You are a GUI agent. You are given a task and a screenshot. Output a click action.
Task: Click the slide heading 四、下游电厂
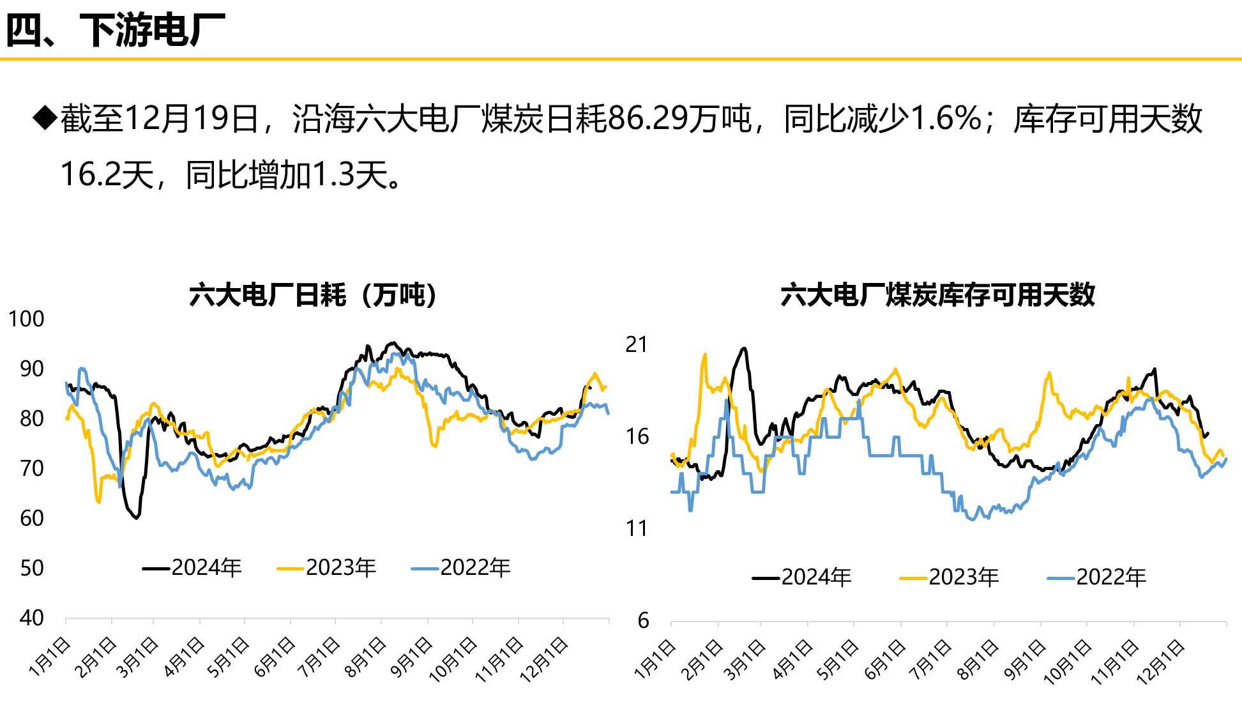115,29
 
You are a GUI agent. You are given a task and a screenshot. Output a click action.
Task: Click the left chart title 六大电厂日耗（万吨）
313,295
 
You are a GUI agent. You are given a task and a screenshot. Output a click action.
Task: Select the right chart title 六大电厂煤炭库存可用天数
937,295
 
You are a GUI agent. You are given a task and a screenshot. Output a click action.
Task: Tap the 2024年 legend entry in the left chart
192,567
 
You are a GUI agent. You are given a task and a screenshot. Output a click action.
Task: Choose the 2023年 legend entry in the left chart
327,567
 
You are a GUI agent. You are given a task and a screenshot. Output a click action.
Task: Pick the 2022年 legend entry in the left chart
461,567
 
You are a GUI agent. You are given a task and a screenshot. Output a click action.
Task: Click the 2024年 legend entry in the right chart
802,577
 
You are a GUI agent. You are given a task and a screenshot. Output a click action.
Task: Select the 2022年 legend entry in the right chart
1097,577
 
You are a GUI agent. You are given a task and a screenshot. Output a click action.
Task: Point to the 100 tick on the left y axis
26,319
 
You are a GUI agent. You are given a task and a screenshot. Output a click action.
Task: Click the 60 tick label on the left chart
31,518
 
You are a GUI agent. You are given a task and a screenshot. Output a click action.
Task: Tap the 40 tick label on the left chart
31,618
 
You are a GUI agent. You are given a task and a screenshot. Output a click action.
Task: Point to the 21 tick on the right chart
637,345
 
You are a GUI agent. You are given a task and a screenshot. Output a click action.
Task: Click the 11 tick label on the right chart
637,529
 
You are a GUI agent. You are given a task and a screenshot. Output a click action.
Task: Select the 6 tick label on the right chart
643,620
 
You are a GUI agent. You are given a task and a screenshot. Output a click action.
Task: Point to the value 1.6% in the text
946,119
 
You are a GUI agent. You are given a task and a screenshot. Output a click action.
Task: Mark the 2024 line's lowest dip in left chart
136,517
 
